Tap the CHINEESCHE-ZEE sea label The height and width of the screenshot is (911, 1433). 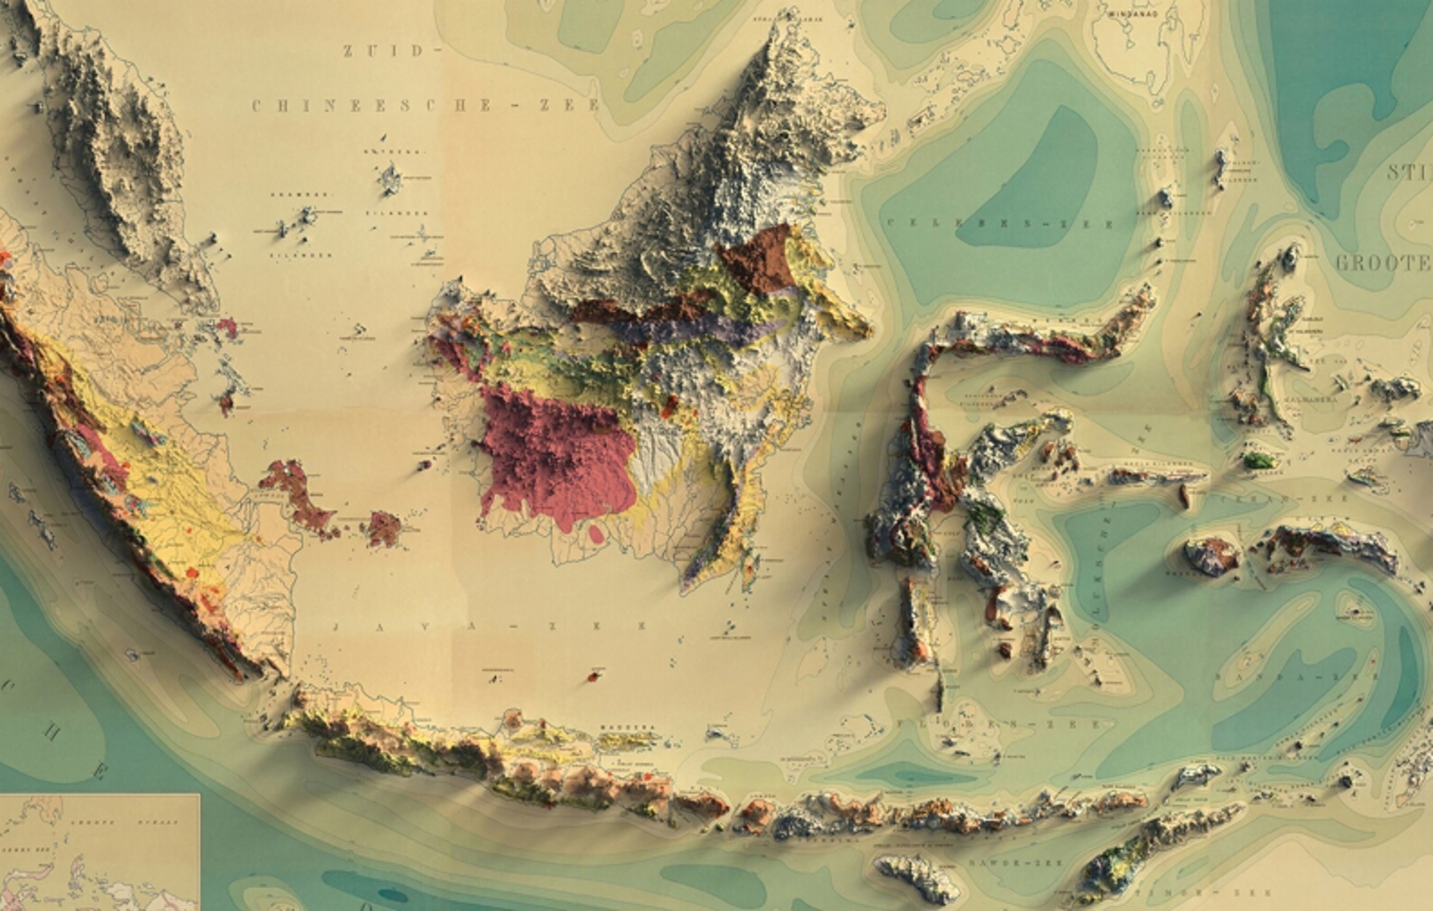425,106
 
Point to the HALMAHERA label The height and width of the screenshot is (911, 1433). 1309,399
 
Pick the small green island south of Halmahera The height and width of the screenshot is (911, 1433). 1258,459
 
